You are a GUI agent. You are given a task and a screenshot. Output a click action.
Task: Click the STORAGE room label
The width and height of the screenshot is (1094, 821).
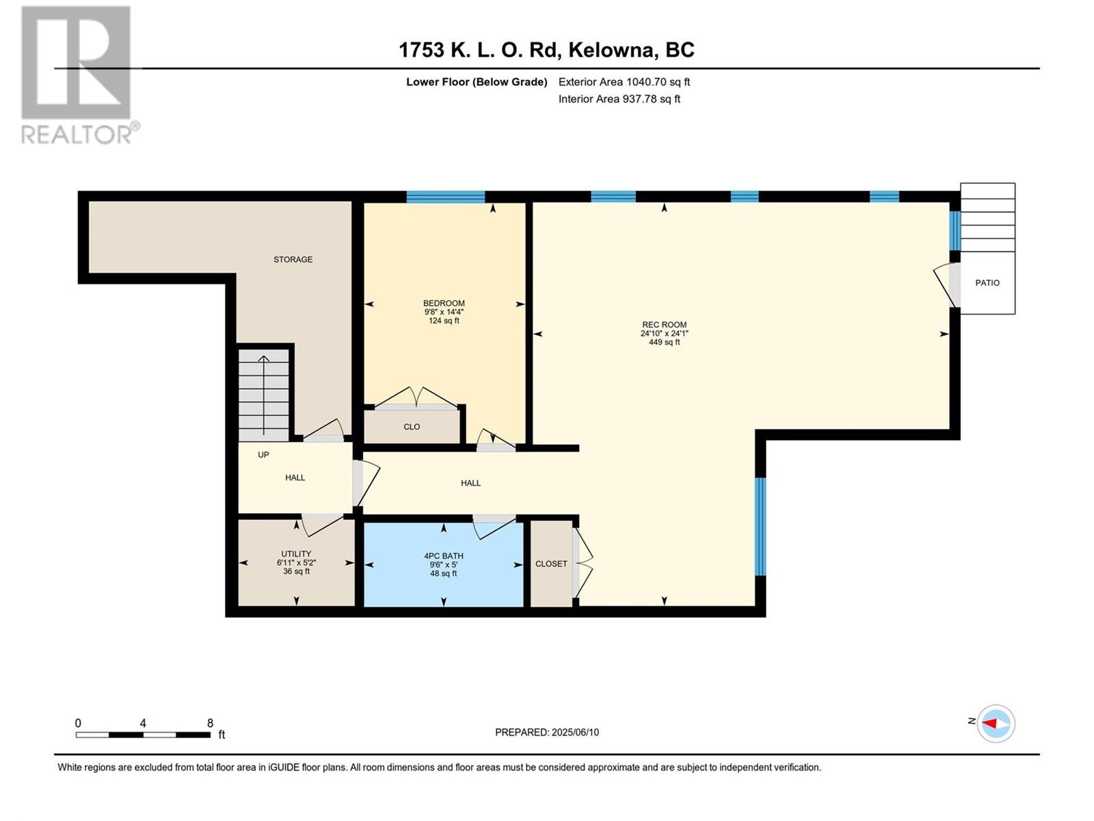293,259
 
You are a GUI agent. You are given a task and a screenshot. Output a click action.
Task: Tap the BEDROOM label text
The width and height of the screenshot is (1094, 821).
444,303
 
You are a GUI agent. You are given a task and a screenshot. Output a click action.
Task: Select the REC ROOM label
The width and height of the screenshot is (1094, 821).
664,324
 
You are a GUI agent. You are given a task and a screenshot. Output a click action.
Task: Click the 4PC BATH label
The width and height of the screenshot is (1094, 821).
444,556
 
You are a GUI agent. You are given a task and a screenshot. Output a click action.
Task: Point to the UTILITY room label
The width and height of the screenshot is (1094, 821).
296,553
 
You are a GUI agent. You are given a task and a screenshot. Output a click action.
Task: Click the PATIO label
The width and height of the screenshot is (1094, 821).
987,283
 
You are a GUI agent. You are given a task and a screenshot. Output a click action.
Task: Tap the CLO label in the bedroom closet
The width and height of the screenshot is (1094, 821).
412,427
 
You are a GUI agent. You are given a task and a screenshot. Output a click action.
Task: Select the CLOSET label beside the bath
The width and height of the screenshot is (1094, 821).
550,564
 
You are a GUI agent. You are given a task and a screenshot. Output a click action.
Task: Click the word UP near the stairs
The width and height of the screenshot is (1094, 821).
263,454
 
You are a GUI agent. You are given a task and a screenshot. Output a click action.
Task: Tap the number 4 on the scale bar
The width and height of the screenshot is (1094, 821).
143,723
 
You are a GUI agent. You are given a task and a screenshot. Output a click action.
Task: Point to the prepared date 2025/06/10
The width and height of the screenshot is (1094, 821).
574,732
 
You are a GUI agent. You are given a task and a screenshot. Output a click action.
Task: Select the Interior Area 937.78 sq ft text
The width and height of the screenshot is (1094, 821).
619,99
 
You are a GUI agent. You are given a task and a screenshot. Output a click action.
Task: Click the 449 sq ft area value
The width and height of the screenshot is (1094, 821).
664,342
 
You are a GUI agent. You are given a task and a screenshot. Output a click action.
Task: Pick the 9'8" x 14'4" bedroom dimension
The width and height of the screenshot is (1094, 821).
444,311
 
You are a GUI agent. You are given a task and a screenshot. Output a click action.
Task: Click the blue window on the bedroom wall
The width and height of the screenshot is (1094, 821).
446,197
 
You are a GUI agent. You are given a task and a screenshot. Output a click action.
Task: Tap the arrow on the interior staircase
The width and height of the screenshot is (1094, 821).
264,395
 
